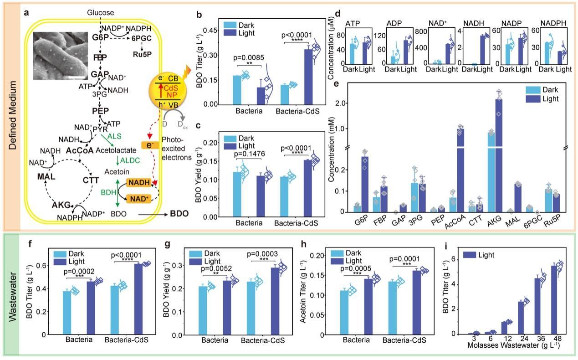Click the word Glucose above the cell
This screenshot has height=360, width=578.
[x=101, y=13]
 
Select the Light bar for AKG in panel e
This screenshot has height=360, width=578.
[x=499, y=155]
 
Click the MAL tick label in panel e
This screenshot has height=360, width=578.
[x=516, y=223]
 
